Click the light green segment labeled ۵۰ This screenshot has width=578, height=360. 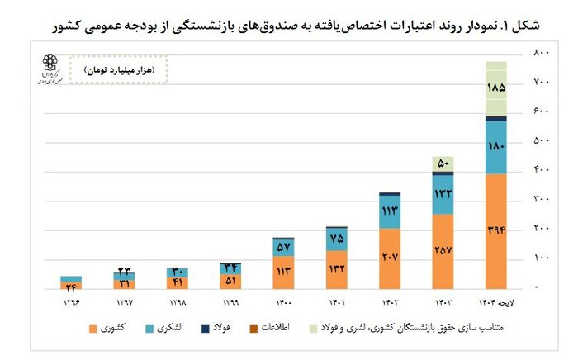[x=443, y=163]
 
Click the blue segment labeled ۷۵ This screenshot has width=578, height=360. [x=336, y=239]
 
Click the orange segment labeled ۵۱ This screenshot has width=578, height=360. [x=230, y=280]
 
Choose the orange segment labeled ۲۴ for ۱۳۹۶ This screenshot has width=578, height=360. [x=71, y=286]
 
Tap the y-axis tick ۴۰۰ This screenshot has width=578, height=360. [x=541, y=170]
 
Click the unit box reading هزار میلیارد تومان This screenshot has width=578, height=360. [x=118, y=70]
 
